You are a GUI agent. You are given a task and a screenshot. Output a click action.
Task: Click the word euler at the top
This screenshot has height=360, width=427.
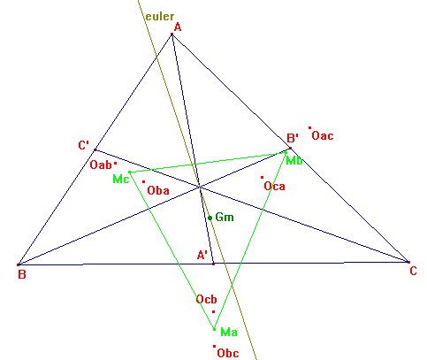[x=160, y=17]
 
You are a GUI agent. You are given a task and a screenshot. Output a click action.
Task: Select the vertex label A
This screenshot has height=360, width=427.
[x=178, y=27]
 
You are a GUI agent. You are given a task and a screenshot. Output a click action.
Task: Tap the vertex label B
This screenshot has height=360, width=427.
[x=22, y=274]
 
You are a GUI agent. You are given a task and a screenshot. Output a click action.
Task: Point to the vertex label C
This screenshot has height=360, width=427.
[x=413, y=271]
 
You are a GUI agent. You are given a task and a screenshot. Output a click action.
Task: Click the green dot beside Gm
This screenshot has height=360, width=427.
[x=210, y=218]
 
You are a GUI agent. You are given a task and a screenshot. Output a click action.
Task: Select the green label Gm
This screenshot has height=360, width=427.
[x=225, y=218]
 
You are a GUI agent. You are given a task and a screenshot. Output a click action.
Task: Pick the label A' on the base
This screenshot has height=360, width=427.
[x=202, y=255]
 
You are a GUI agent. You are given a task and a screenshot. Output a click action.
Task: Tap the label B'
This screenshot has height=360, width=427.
[x=293, y=138]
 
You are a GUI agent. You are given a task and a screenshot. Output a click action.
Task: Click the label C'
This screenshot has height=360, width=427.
[x=84, y=145]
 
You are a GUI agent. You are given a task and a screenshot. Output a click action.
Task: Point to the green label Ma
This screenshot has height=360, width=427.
[x=229, y=333]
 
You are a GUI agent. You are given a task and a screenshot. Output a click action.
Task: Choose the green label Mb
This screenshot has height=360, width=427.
[x=294, y=161]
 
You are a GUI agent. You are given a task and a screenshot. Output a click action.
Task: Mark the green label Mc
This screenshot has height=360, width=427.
[x=121, y=179]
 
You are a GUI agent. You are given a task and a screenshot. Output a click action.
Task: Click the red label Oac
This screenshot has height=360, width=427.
[x=323, y=136]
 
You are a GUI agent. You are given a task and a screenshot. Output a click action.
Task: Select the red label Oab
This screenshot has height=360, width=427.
[x=101, y=165]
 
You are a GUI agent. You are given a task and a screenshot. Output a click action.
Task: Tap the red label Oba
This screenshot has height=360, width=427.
[x=158, y=190]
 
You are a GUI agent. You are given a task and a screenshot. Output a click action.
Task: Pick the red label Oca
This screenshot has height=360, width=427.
[x=275, y=187]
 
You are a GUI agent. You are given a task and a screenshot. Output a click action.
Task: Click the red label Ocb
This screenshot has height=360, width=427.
[x=207, y=300]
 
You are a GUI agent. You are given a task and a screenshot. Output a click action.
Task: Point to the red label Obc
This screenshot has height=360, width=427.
[x=228, y=353]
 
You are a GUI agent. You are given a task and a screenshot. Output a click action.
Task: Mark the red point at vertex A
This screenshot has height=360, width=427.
[x=172, y=34]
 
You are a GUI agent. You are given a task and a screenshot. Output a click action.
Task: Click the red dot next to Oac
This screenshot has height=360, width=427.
[x=309, y=127]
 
